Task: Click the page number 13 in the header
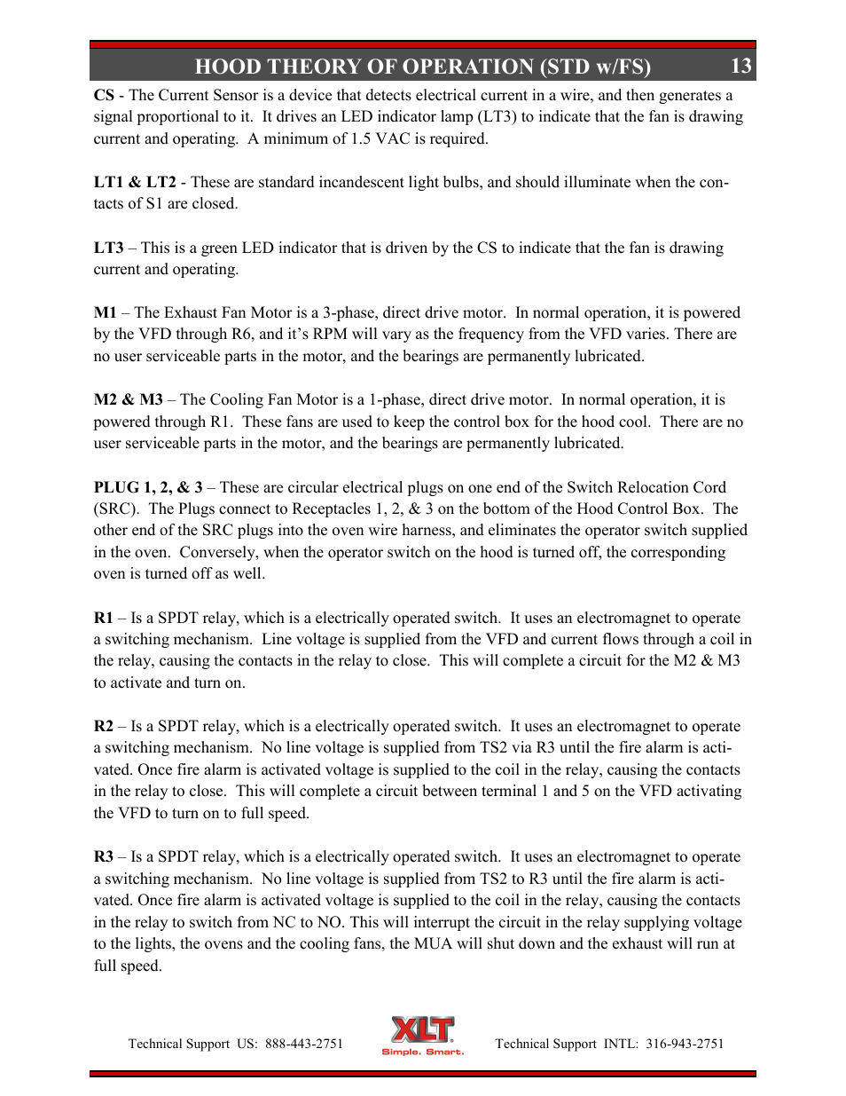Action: pos(741,66)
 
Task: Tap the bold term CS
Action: pos(104,95)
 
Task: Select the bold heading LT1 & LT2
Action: pos(135,182)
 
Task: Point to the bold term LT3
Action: pos(108,248)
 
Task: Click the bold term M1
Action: pos(105,312)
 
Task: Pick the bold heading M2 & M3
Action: pos(128,399)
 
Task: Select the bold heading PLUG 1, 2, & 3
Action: pos(148,487)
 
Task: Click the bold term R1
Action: pos(104,618)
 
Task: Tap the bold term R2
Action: pos(104,726)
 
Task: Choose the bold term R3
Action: pos(104,856)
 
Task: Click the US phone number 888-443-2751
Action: pos(303,1044)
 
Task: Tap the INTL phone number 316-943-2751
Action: pos(685,1044)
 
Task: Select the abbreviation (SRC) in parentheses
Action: pos(116,509)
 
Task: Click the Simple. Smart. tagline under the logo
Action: pos(422,1053)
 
